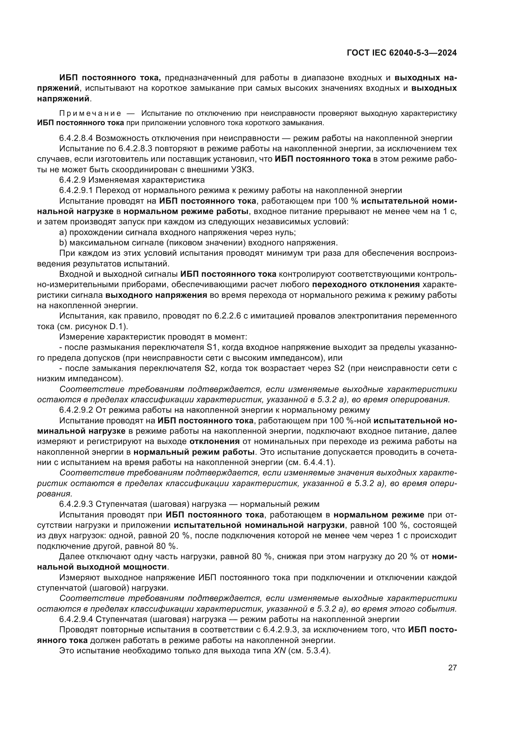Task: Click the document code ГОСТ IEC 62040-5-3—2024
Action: [x=402, y=53]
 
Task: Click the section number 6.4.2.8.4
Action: [x=76, y=138]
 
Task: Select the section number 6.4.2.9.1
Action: [x=76, y=190]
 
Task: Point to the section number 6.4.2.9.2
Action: [x=76, y=410]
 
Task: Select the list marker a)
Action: [x=63, y=232]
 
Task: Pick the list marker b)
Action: [x=63, y=243]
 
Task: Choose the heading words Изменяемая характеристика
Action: [x=150, y=180]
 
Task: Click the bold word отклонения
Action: [x=214, y=442]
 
